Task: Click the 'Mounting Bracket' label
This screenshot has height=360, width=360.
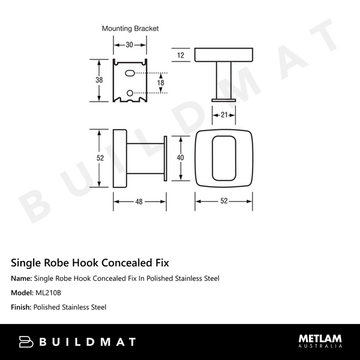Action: click(130, 28)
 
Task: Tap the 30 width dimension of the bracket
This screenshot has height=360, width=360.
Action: click(130, 44)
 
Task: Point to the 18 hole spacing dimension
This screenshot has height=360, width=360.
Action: click(160, 82)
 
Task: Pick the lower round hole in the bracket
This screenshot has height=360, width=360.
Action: click(131, 92)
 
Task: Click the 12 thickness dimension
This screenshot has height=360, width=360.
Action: click(181, 55)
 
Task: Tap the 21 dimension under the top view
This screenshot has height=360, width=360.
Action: click(223, 115)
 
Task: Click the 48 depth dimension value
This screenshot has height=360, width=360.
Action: click(139, 202)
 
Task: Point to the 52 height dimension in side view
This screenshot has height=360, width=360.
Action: click(100, 158)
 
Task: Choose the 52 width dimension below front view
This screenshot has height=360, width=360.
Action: click(224, 202)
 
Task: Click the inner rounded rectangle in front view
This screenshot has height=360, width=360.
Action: click(224, 157)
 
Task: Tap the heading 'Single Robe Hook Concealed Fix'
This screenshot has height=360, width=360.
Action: click(90, 263)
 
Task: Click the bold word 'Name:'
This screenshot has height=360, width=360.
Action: click(22, 278)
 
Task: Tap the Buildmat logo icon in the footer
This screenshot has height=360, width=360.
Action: click(25, 342)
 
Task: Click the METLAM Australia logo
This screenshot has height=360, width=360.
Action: click(320, 341)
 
